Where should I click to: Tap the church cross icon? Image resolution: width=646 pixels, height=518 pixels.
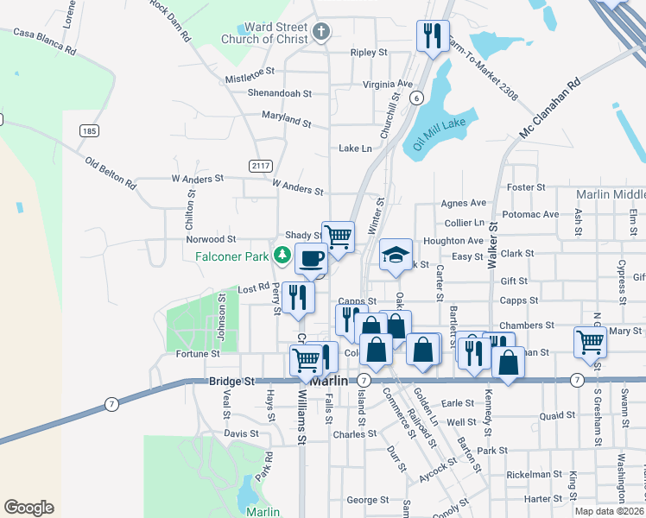coord(321,33)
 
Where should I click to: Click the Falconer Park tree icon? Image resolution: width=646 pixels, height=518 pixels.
coord(282,255)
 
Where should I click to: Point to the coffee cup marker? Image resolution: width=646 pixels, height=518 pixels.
coord(311,257)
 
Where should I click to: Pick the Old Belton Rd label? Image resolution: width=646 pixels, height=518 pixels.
coord(111,173)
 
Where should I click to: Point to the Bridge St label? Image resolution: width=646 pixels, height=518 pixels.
coord(232,381)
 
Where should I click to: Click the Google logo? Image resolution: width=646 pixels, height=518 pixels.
coord(28,508)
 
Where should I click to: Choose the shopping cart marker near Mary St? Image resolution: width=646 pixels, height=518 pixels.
coord(591,341)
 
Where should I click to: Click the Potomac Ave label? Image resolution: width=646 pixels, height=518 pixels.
coord(530,214)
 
